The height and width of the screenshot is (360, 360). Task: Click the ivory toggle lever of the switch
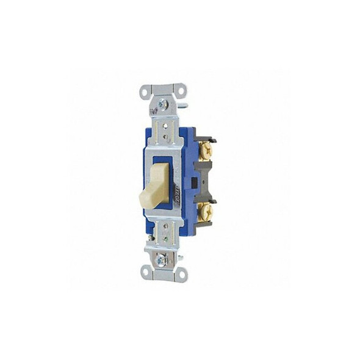click(x=160, y=182)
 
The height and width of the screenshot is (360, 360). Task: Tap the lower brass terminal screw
click(x=206, y=212)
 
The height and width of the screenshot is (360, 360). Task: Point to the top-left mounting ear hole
click(x=145, y=93)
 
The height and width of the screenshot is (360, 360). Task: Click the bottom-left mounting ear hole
click(x=145, y=272)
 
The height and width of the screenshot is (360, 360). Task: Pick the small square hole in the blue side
click(x=194, y=182)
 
